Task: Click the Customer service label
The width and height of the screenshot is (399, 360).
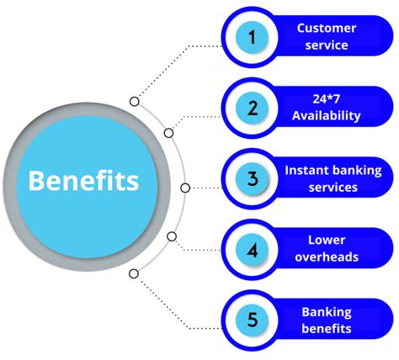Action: coord(326,37)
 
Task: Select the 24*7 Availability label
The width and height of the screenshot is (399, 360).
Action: coord(326,108)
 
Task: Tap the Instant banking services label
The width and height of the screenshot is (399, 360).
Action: coord(332,178)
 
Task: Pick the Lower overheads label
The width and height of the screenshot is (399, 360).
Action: coord(326,249)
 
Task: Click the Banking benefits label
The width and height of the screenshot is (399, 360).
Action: coord(326,320)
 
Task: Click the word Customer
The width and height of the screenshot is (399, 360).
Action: coord(326,28)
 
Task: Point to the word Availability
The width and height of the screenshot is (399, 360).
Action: coord(326,116)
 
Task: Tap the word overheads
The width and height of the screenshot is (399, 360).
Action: coord(326,257)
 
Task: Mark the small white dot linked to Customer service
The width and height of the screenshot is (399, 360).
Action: coord(134,102)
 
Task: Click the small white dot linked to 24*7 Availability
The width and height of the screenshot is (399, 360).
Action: coord(168,133)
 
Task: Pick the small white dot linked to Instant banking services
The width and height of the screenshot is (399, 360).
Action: coord(185,188)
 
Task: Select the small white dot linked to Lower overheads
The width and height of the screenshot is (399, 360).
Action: coord(172,236)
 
